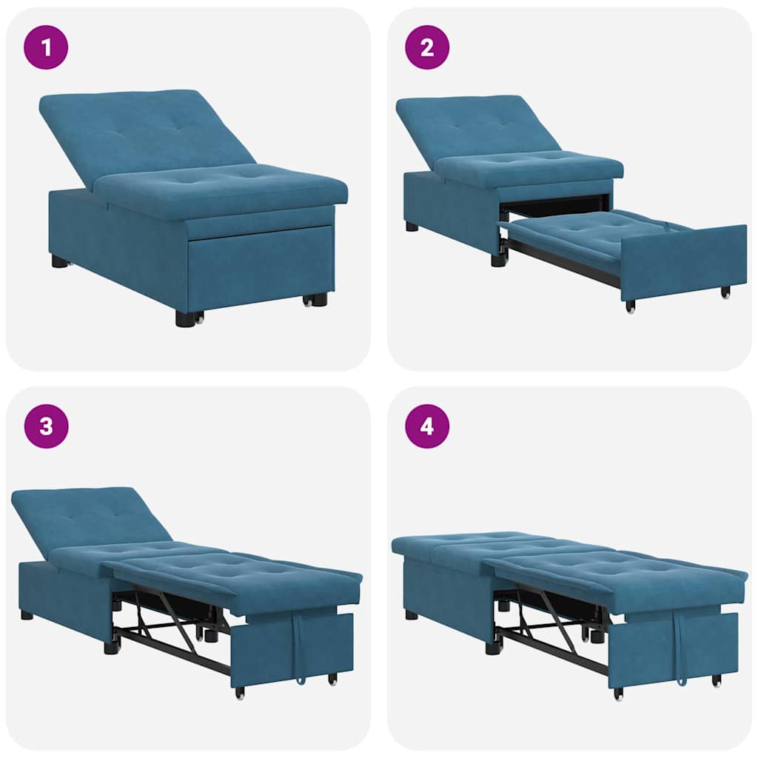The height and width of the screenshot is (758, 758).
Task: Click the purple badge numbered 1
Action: coord(46,47)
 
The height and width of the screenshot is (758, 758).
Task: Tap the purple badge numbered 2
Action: coord(427,47)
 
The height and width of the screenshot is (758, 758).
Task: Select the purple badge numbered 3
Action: coord(46,426)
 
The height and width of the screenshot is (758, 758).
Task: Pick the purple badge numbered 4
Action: coord(427,426)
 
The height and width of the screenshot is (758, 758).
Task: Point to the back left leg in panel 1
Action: coord(60,261)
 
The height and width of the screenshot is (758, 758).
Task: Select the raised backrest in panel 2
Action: coord(474,126)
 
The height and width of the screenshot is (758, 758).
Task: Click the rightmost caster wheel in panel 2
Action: coord(726,292)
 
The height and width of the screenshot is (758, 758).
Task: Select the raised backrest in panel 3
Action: coord(89,518)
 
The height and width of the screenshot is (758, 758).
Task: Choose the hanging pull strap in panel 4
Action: coord(679,648)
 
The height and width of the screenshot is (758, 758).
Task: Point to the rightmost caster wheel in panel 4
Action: coord(716,680)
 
